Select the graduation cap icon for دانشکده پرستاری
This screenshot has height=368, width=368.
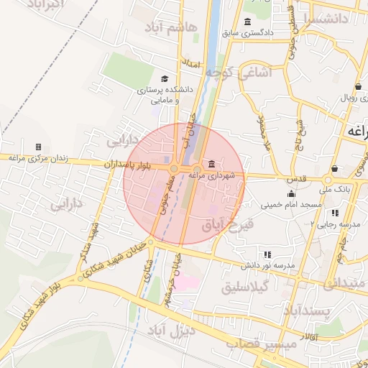(165, 79)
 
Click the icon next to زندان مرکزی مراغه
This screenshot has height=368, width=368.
(39, 146)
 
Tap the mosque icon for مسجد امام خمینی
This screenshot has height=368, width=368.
(291, 194)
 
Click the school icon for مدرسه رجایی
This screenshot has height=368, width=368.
(335, 213)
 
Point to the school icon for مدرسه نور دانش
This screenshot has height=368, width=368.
(267, 254)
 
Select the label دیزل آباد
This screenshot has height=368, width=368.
(172, 331)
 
